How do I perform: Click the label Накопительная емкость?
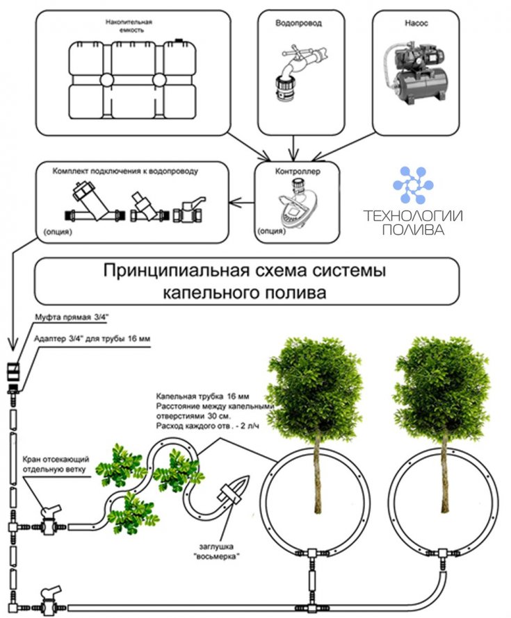coord(129,26)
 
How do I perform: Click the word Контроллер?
coord(298,172)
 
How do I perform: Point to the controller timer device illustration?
coord(298,204)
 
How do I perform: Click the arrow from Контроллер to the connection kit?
coord(241,203)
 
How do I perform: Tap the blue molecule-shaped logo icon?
coord(413,185)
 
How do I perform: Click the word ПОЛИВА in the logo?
coord(413,229)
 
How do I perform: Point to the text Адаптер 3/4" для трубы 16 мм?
coord(92,339)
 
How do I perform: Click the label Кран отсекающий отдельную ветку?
coord(56,465)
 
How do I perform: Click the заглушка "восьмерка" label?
coord(217,551)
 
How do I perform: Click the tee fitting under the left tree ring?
coord(313,553)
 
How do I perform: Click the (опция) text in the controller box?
coord(271,231)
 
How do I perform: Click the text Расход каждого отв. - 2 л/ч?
coord(208,426)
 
